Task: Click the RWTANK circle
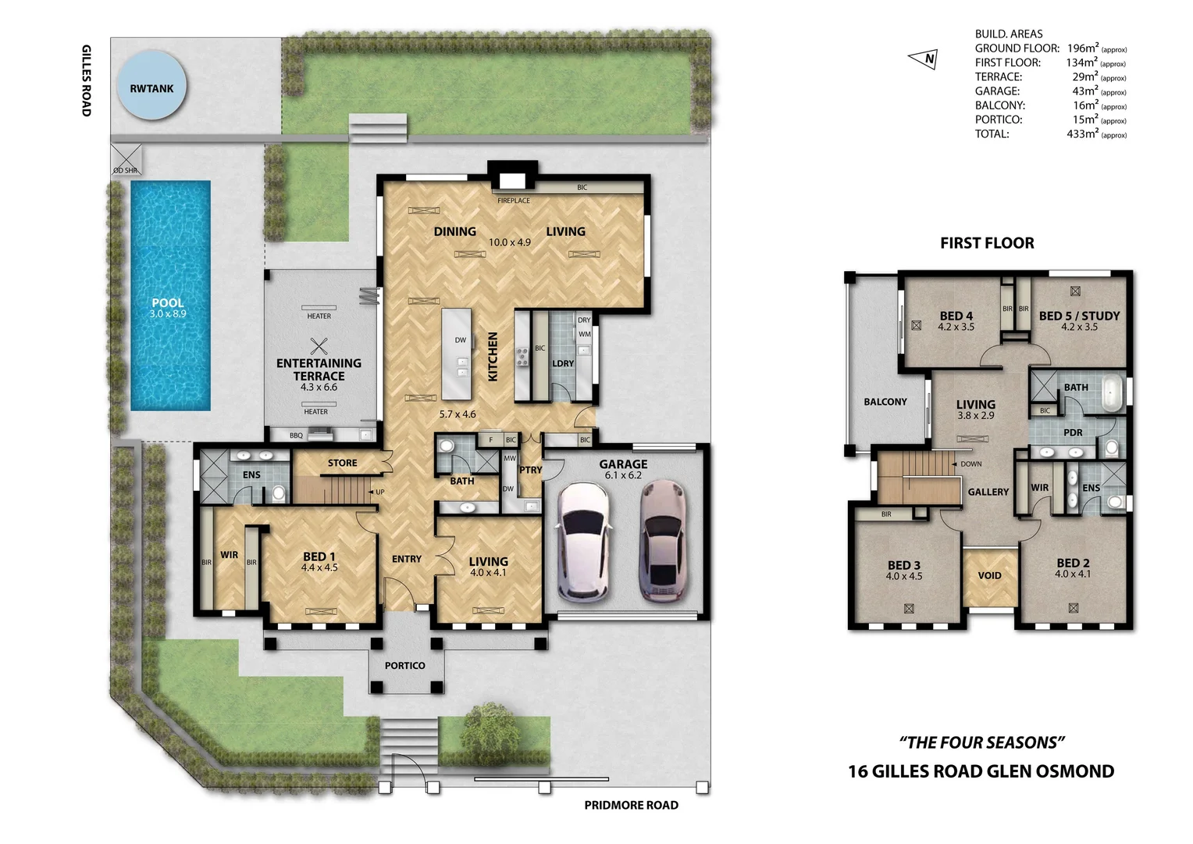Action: click(x=151, y=84)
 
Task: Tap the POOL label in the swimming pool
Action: click(x=168, y=302)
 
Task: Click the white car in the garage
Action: click(x=584, y=539)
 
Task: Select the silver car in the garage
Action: click(x=662, y=539)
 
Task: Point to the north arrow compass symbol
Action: click(x=924, y=59)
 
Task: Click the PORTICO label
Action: click(x=404, y=665)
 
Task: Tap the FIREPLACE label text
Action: click(x=514, y=201)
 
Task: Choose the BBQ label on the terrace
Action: click(x=296, y=435)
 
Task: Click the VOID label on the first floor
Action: click(x=989, y=576)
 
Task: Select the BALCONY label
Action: click(x=885, y=402)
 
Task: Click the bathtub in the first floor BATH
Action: click(x=1113, y=393)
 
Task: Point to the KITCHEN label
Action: click(x=493, y=356)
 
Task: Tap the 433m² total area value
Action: click(x=1081, y=134)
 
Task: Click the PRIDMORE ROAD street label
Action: click(x=631, y=805)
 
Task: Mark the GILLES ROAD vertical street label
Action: click(x=87, y=80)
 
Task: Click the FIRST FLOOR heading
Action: click(x=987, y=243)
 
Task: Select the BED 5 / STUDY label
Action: click(x=1080, y=316)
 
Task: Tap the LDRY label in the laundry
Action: click(x=563, y=363)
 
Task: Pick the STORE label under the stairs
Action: click(x=343, y=463)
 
